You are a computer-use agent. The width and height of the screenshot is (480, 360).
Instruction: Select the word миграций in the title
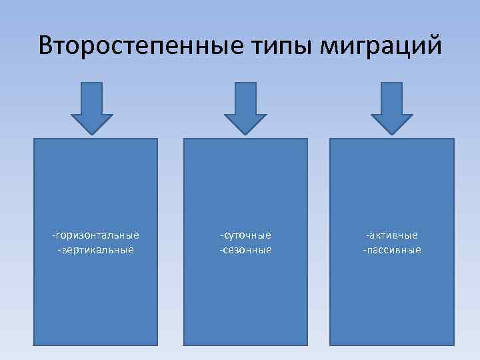pyautogui.click(x=382, y=46)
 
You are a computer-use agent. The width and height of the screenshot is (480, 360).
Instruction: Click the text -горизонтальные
pyautogui.click(x=96, y=235)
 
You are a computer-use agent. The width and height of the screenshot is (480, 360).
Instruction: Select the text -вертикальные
pyautogui.click(x=96, y=250)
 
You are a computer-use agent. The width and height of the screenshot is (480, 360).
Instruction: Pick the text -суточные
pyautogui.click(x=246, y=235)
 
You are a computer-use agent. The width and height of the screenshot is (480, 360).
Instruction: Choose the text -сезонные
pyautogui.click(x=246, y=250)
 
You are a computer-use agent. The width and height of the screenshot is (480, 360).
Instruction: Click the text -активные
pyautogui.click(x=392, y=235)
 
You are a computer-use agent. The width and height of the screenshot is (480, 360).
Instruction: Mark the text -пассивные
pyautogui.click(x=392, y=250)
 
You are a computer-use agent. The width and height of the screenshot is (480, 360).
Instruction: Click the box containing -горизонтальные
pyautogui.click(x=96, y=300)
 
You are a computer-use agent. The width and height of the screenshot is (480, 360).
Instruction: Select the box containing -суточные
pyautogui.click(x=246, y=300)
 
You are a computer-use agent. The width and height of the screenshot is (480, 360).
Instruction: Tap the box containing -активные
pyautogui.click(x=392, y=300)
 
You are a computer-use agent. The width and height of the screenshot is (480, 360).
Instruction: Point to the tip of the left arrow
pyautogui.click(x=92, y=133)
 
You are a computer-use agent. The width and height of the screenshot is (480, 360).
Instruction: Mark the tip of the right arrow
pyautogui.click(x=391, y=133)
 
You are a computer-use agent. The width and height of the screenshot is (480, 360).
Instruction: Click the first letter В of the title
pyautogui.click(x=46, y=46)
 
